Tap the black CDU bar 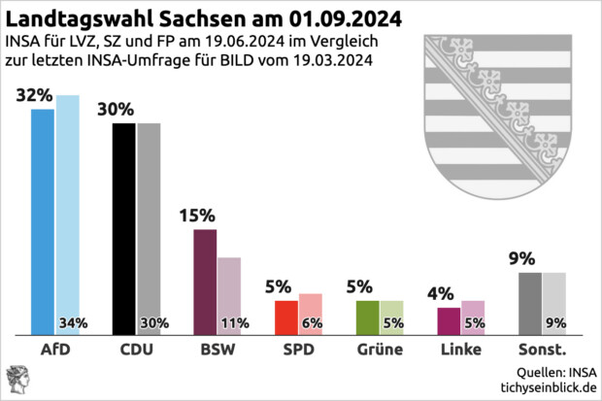coord(124,229)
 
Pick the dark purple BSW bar coord(205,282)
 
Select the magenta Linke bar coord(449,320)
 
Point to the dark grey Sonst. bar coord(530,303)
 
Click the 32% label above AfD coord(34,95)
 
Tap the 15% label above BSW coord(197,216)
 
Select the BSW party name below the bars coord(217,349)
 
